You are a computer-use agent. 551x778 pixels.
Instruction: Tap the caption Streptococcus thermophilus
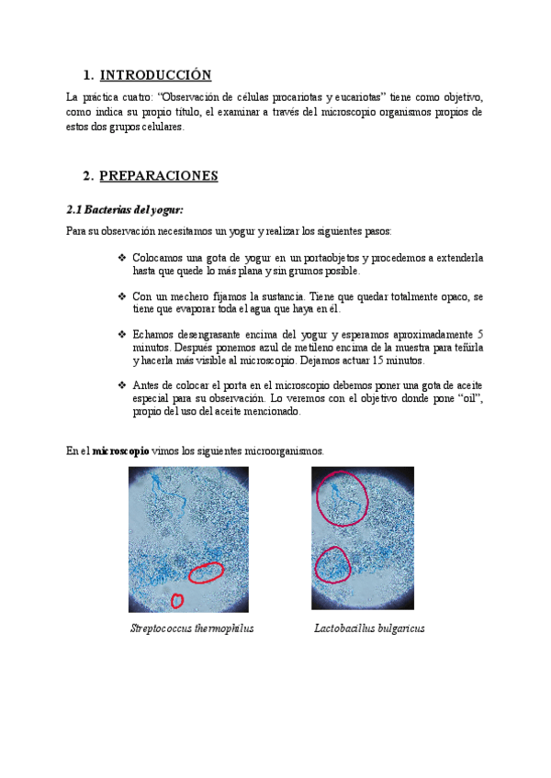(x=192, y=628)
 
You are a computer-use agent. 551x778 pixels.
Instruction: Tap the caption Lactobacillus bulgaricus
(x=369, y=628)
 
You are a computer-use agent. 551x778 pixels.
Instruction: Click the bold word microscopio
(x=121, y=451)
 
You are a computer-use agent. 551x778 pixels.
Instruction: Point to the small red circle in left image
(x=177, y=600)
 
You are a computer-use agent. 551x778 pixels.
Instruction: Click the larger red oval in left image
(x=206, y=572)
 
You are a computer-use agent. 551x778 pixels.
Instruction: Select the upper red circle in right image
(x=341, y=497)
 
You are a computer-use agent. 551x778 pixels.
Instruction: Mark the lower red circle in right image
(x=332, y=564)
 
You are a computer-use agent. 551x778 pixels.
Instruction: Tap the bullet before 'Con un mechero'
(x=123, y=297)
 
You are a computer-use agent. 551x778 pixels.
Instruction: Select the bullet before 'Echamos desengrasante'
(x=123, y=335)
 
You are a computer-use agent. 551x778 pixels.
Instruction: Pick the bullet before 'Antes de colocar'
(x=123, y=385)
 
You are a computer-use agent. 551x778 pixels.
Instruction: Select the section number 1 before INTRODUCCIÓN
(x=87, y=75)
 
